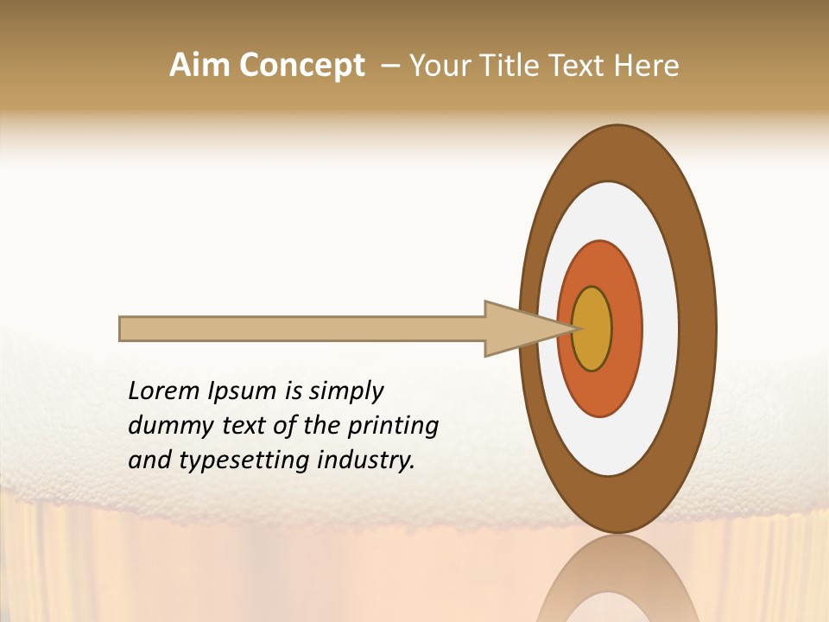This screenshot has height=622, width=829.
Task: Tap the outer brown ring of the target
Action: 698,329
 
